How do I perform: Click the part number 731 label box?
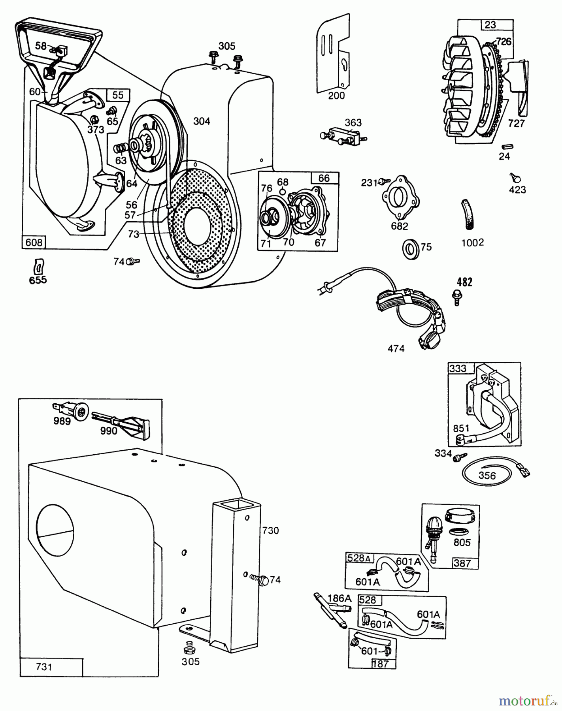click(44, 667)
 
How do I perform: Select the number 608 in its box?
click(34, 242)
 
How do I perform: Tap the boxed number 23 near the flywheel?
click(490, 25)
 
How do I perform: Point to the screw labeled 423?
click(514, 177)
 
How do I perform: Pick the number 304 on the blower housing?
click(202, 121)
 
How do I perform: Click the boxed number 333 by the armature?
click(458, 369)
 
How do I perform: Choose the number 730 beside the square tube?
click(271, 530)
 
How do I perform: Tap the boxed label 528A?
click(359, 558)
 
